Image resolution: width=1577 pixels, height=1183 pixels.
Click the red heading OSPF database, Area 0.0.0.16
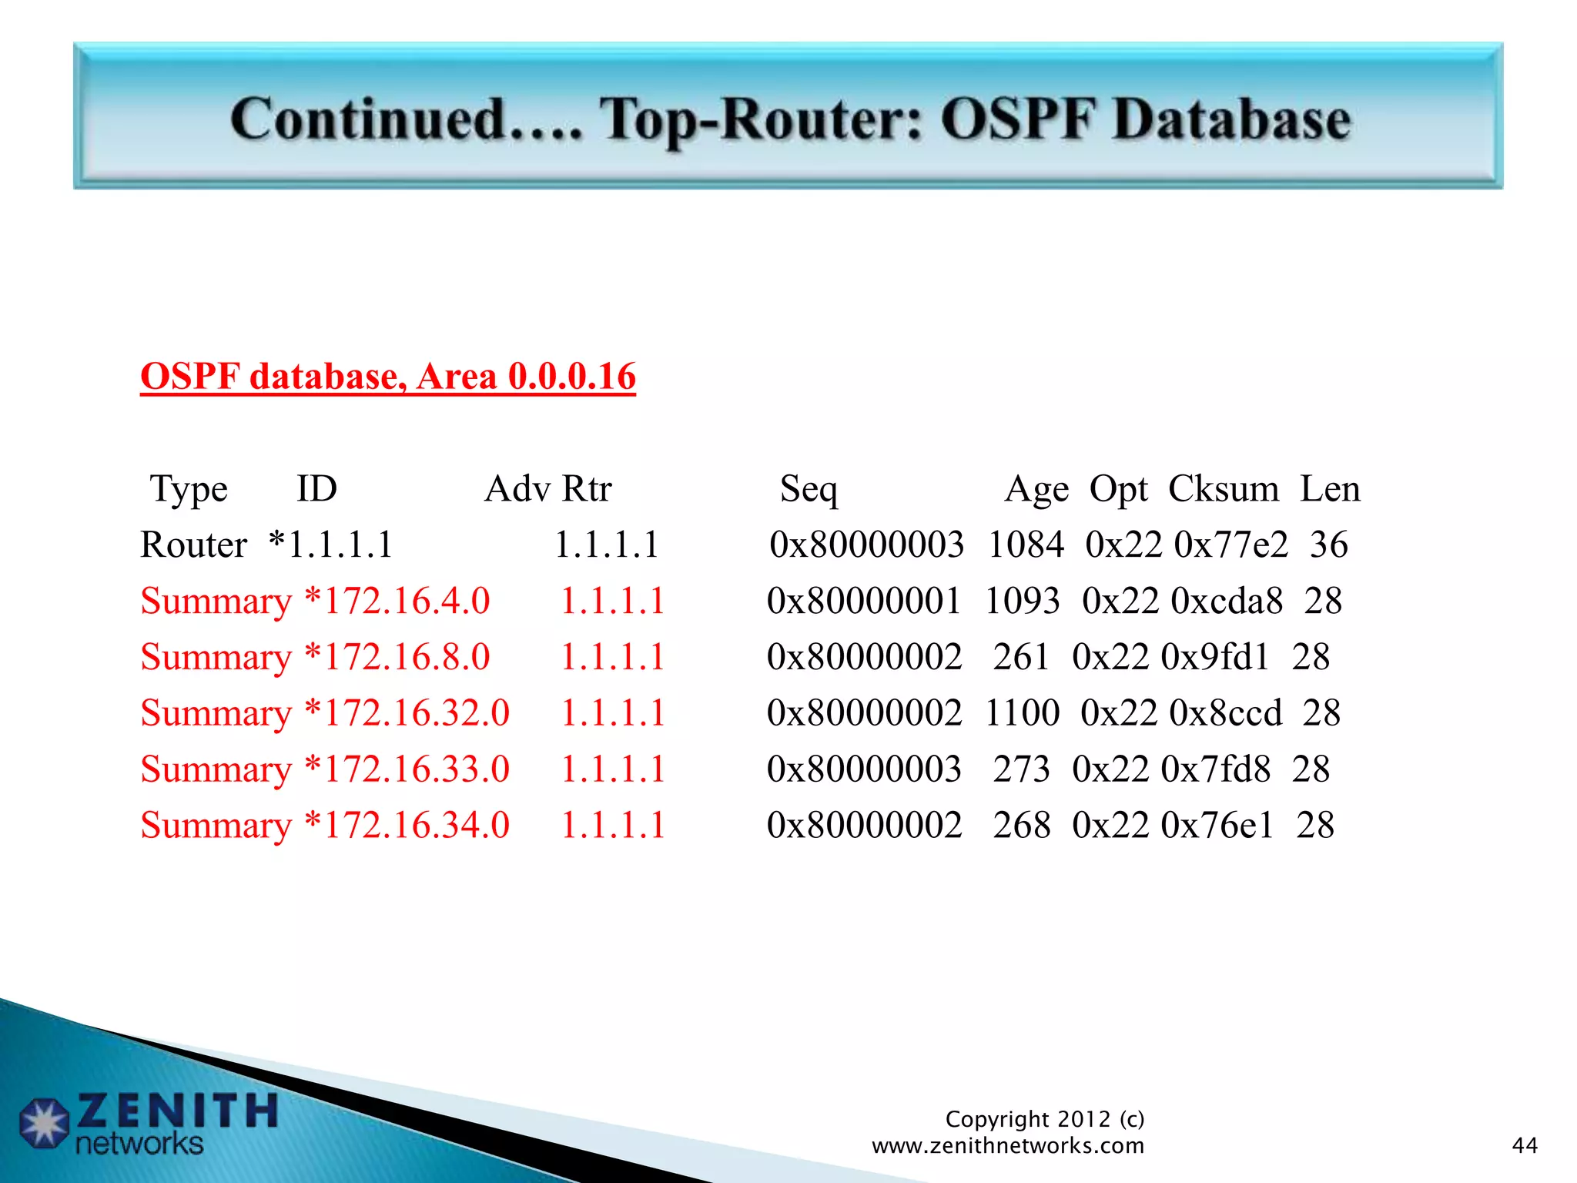[388, 377]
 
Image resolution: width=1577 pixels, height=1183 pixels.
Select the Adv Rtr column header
[547, 489]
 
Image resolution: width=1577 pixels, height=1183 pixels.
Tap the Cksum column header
[1224, 489]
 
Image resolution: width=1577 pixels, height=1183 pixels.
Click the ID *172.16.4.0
[397, 601]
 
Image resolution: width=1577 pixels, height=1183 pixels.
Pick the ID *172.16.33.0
[407, 769]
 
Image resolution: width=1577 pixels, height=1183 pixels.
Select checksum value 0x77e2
[1230, 545]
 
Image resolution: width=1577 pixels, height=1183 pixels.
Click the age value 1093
[1023, 601]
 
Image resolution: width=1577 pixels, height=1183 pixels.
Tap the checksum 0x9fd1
[1215, 657]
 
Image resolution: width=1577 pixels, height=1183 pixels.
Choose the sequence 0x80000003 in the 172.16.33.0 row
[864, 769]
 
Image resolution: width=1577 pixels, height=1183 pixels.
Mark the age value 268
[1021, 826]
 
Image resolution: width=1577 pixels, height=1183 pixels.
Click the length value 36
[1328, 545]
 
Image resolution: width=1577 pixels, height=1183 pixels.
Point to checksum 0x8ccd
[1226, 713]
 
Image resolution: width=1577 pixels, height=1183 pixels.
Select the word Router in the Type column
[193, 545]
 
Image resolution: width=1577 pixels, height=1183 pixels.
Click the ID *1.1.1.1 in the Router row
[331, 545]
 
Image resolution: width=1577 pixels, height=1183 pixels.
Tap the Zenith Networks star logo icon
[45, 1123]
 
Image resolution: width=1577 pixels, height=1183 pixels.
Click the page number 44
[1525, 1146]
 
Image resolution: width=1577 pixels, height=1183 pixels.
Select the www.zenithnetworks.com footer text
[1007, 1146]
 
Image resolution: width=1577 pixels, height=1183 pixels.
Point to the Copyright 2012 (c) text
[1044, 1119]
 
